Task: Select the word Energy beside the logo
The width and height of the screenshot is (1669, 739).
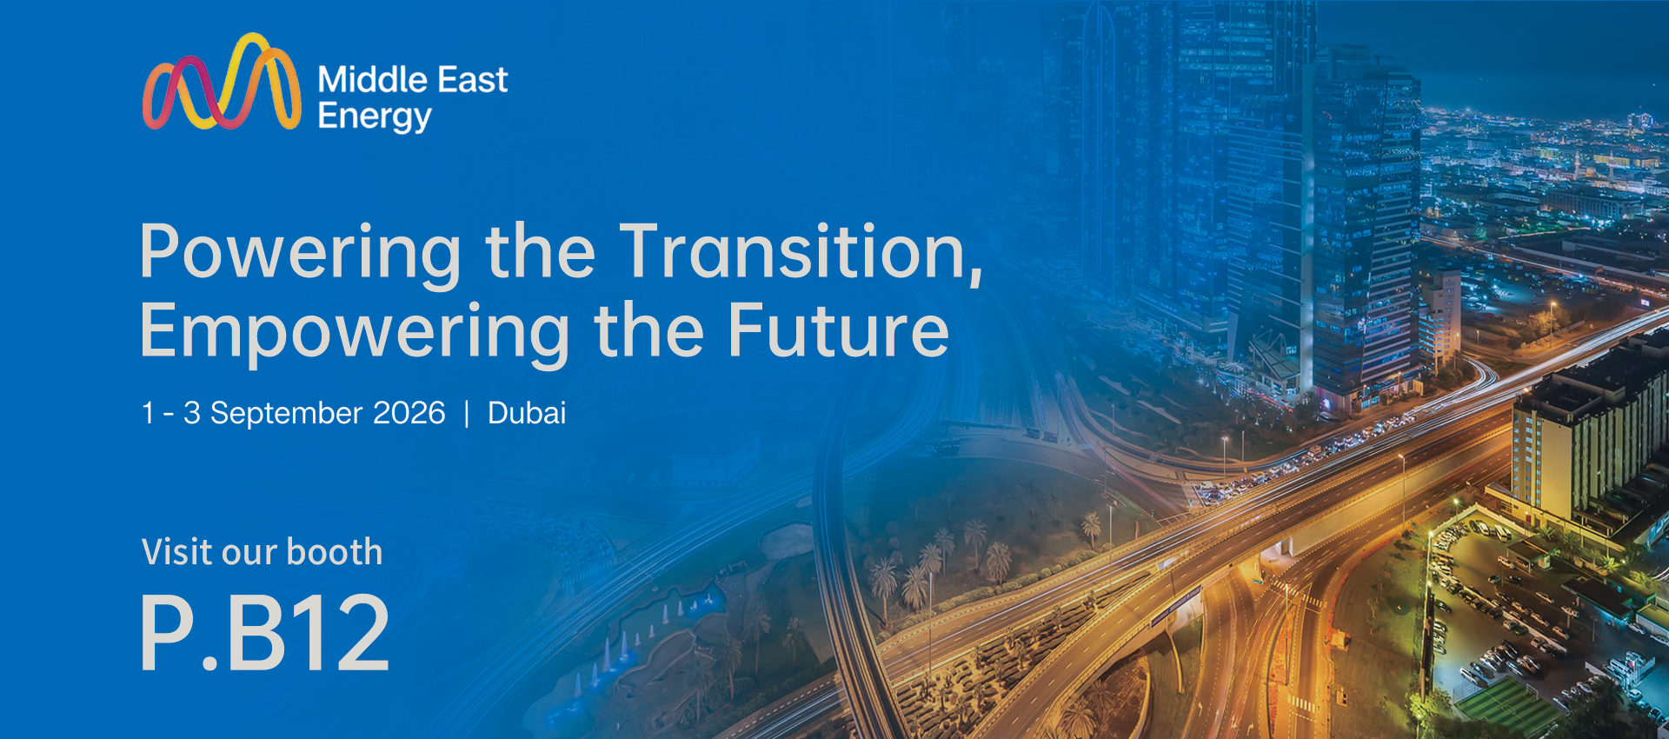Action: point(375,117)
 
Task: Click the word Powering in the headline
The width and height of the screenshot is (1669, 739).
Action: point(301,253)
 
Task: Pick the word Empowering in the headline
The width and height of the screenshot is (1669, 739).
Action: point(355,333)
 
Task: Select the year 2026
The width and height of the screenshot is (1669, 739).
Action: point(409,412)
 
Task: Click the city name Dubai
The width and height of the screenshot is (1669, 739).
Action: point(527,412)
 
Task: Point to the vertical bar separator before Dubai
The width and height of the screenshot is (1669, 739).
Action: point(467,413)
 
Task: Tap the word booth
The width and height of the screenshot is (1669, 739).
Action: point(335,551)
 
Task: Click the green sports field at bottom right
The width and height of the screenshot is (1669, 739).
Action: point(1508,706)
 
